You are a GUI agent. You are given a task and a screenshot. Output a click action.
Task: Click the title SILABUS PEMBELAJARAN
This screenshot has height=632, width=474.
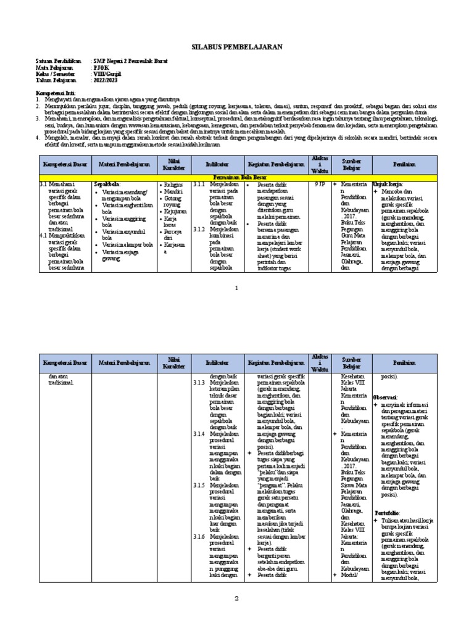[x=236, y=46]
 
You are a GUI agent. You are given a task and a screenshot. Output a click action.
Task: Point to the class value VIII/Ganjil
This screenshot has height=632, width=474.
[x=106, y=74]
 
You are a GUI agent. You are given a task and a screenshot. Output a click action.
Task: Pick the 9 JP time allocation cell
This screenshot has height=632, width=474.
[x=318, y=184]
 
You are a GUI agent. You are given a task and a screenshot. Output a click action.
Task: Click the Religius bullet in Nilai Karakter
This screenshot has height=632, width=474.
[x=175, y=185]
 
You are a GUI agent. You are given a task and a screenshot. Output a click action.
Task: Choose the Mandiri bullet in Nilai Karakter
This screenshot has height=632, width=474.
[x=174, y=192]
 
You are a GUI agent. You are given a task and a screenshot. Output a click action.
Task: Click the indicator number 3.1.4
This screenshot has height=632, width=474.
[x=198, y=434]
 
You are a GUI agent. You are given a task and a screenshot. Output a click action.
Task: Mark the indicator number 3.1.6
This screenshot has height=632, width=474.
[x=198, y=537]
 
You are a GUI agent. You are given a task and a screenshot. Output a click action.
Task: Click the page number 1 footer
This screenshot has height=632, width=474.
[x=236, y=288]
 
